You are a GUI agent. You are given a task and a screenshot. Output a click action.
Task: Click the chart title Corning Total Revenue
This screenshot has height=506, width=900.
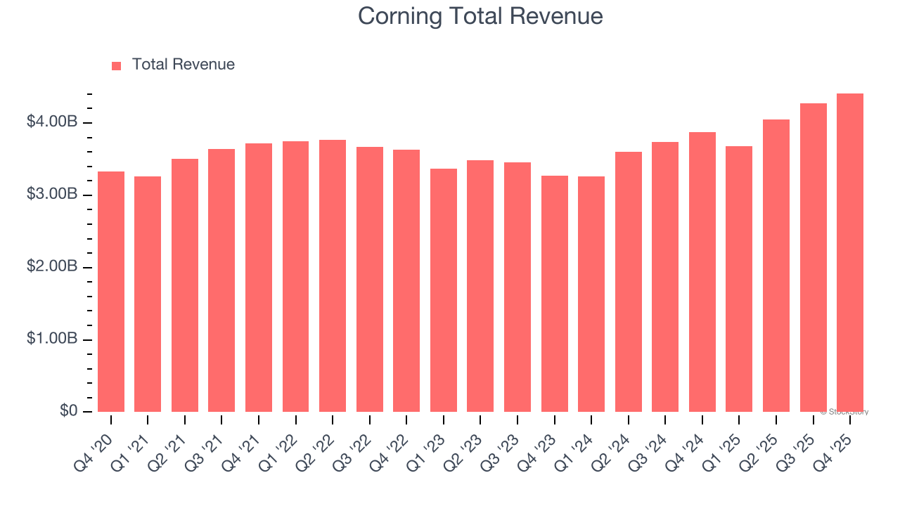coord(480,16)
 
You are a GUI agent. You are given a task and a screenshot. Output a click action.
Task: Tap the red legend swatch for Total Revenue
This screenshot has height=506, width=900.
coord(117,65)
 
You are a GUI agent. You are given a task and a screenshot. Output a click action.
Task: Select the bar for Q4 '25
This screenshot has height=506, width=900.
coord(849,253)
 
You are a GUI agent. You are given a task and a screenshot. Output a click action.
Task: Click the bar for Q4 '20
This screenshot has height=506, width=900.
coord(111,292)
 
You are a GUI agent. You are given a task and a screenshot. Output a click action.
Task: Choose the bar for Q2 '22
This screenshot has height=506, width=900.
coord(333,275)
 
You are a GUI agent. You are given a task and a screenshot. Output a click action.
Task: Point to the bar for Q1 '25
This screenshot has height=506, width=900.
coord(739,279)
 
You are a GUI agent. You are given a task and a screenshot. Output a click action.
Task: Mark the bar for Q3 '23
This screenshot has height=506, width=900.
coord(517,287)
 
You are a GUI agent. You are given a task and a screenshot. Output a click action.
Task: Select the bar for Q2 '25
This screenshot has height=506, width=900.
coord(776,266)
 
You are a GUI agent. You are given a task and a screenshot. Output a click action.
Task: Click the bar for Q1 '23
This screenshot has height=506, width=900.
coord(444,290)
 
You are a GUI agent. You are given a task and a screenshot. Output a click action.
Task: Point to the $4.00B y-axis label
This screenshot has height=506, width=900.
coord(52,122)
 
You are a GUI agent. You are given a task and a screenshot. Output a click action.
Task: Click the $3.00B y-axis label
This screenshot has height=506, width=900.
coord(52,195)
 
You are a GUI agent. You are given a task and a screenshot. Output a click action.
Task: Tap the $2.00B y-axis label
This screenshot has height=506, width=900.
coord(52,267)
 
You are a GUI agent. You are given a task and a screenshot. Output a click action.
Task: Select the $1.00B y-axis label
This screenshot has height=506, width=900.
coord(52,339)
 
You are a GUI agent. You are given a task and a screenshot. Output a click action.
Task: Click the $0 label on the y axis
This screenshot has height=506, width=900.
coord(67,411)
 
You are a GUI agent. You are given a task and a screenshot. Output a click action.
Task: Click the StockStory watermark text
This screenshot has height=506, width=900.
coord(844,412)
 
